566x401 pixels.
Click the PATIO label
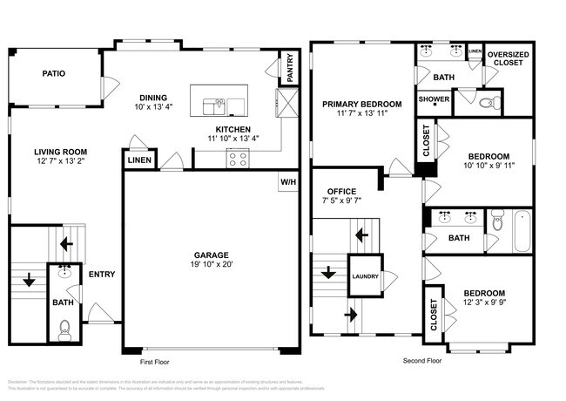coord(53,74)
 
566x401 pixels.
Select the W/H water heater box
coord(286,182)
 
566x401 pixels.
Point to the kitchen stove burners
coord(237,158)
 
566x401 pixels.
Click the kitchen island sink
coord(216,106)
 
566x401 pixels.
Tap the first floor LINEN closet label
coord(138,160)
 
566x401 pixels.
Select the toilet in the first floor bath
coord(63,329)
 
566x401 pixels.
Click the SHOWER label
coord(433,99)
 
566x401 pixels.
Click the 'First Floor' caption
coord(158,360)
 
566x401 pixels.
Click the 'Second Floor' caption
coord(422,360)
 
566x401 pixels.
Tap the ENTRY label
coord(102,275)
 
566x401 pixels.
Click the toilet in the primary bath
coord(489,103)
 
